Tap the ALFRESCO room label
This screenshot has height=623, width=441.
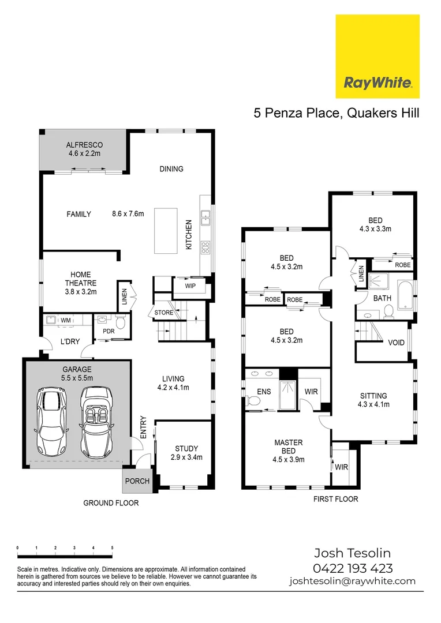pyautogui.click(x=84, y=145)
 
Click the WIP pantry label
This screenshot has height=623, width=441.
pyautogui.click(x=190, y=286)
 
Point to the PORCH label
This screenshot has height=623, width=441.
pyautogui.click(x=137, y=481)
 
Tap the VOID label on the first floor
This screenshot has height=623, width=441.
pyautogui.click(x=396, y=343)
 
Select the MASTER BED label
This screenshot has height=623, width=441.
pyautogui.click(x=289, y=447)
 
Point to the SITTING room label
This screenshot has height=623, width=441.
pyautogui.click(x=373, y=396)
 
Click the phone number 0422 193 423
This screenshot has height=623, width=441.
pyautogui.click(x=353, y=568)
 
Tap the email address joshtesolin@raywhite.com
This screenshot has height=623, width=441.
pyautogui.click(x=353, y=581)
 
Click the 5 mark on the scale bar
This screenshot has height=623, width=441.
pyautogui.click(x=112, y=547)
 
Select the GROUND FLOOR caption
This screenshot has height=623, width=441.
pyautogui.click(x=111, y=503)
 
